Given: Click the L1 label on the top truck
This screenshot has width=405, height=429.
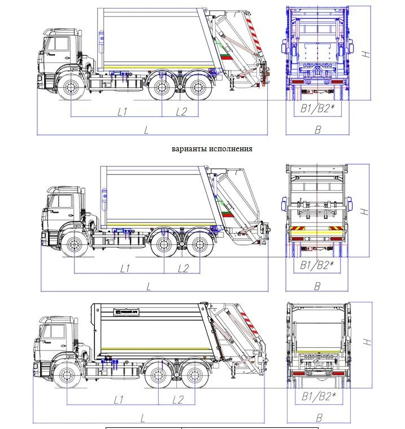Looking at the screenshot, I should pyautogui.click(x=122, y=111).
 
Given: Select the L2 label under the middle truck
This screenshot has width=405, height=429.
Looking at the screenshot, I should pyautogui.click(x=182, y=268).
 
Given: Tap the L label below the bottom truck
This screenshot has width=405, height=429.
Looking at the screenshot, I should pyautogui.click(x=143, y=418).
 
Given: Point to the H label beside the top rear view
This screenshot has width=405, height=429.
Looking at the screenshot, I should pyautogui.click(x=366, y=54).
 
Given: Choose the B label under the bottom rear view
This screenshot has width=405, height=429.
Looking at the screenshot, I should pyautogui.click(x=319, y=418).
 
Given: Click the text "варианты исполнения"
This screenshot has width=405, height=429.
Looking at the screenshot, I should pyautogui.click(x=212, y=149).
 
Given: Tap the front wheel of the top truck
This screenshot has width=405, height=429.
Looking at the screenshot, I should pyautogui.click(x=71, y=88).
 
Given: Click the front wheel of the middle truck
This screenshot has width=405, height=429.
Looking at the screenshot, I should pyautogui.click(x=73, y=246).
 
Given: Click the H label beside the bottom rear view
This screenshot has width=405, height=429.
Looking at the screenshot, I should pyautogui.click(x=366, y=342).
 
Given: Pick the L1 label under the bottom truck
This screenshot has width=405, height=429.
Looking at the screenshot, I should pyautogui.click(x=118, y=400).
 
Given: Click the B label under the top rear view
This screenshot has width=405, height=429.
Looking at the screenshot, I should pyautogui.click(x=317, y=130).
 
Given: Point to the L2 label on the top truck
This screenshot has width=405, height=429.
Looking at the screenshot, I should pyautogui.click(x=181, y=111).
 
